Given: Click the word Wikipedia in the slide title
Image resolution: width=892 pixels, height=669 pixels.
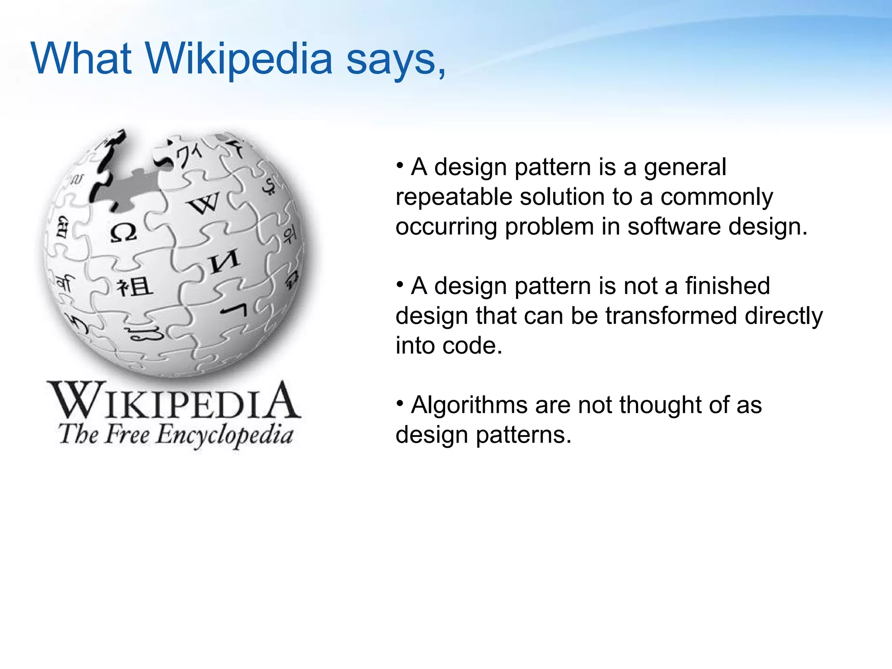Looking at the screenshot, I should [x=239, y=59].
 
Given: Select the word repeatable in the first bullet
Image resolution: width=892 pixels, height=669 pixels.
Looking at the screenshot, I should [x=453, y=197].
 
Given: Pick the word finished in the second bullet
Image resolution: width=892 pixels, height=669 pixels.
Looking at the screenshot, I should [x=727, y=286].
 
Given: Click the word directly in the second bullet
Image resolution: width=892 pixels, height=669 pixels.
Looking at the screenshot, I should [x=784, y=316].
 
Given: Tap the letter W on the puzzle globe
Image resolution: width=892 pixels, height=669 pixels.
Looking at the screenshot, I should [x=204, y=203].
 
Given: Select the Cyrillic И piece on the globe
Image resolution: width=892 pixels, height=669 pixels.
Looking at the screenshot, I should [x=224, y=261].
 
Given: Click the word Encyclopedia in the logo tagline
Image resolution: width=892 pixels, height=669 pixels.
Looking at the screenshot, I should [x=224, y=436].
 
